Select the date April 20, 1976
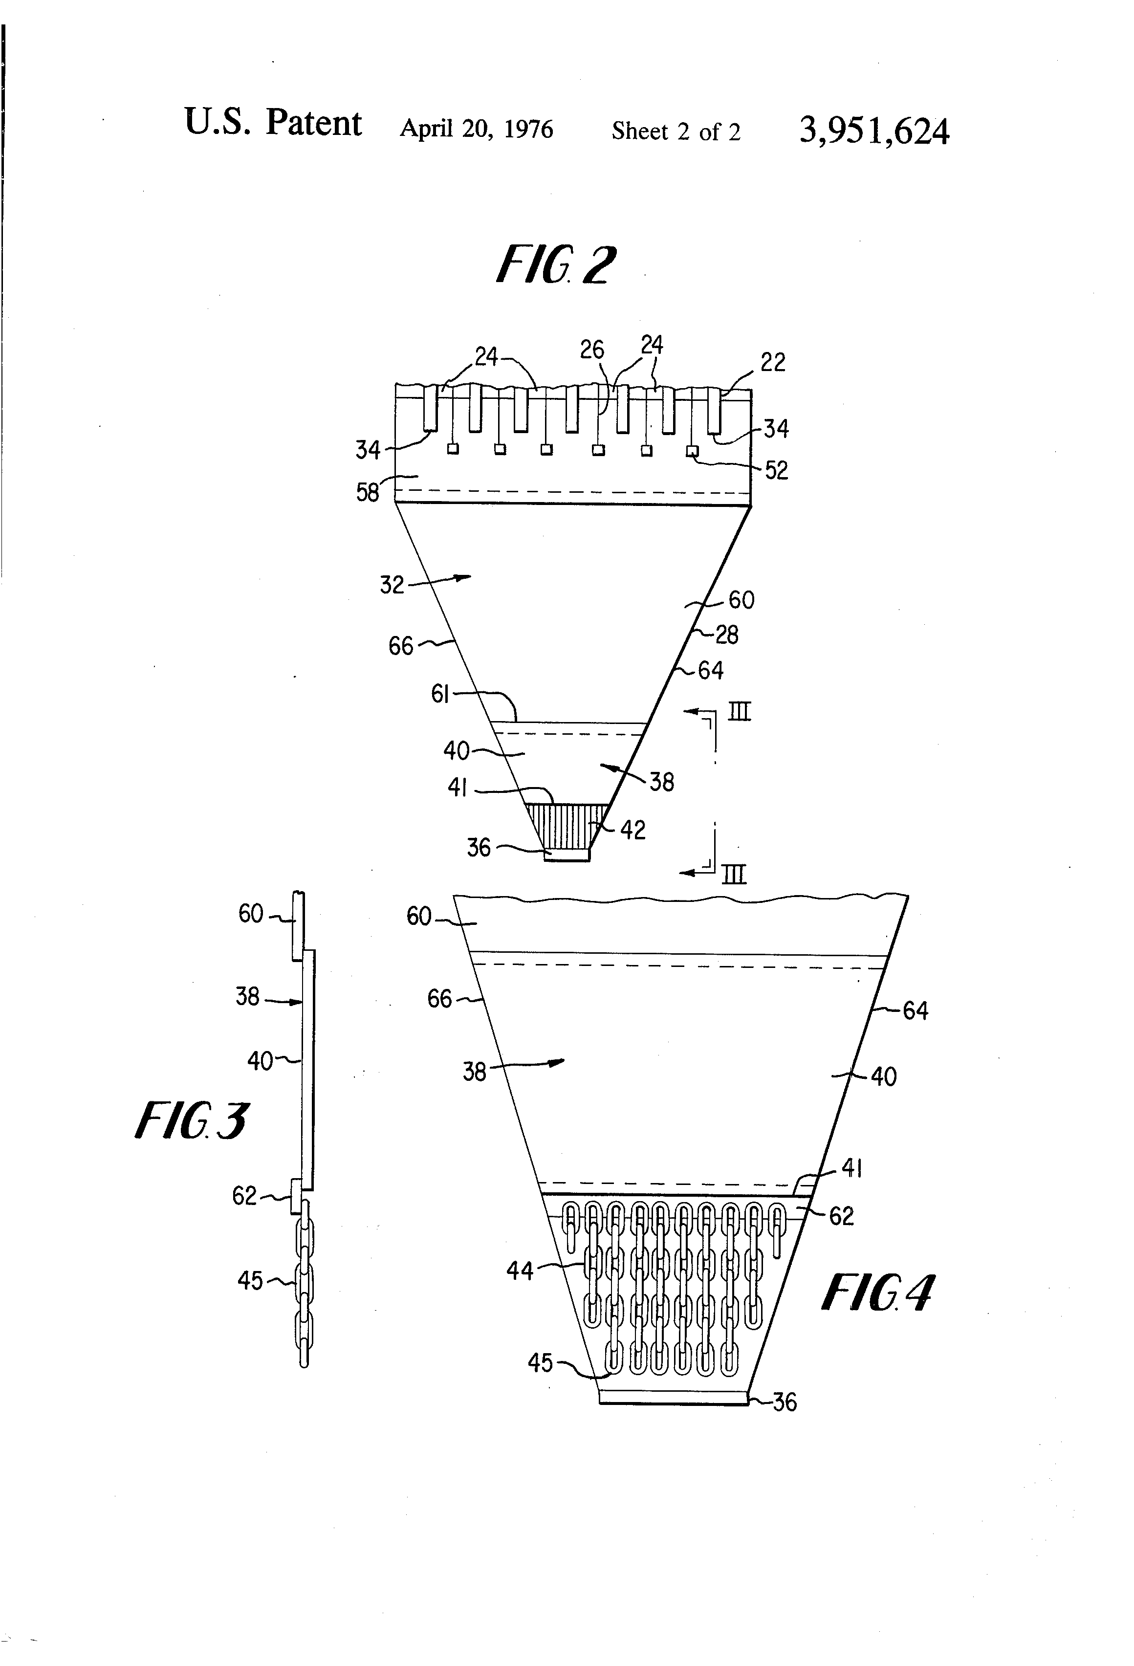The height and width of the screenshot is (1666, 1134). click(x=476, y=129)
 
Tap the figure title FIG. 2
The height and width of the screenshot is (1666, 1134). click(x=556, y=265)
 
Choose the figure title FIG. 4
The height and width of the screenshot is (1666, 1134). click(x=877, y=1293)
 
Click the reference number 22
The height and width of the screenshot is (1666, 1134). click(x=773, y=362)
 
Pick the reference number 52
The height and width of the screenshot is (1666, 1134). click(x=776, y=470)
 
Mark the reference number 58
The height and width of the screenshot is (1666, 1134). click(x=368, y=492)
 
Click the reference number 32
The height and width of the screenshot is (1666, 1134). click(x=392, y=585)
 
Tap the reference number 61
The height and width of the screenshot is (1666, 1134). click(x=439, y=694)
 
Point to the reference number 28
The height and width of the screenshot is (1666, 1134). click(x=727, y=635)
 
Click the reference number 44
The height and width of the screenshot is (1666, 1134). click(x=520, y=1271)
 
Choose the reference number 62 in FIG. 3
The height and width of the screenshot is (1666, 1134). click(x=244, y=1196)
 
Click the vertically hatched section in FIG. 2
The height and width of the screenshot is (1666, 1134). click(x=567, y=826)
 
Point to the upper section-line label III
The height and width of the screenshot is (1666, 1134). click(x=739, y=712)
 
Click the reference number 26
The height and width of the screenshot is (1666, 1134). click(x=592, y=350)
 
